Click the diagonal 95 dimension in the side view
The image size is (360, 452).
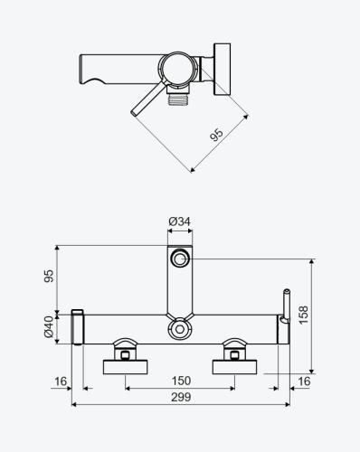pyautogui.click(x=215, y=136)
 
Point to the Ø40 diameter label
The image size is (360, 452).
pyautogui.click(x=51, y=327)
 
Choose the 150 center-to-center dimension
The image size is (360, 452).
pyautogui.click(x=180, y=381)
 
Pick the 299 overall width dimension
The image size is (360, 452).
pyautogui.click(x=180, y=398)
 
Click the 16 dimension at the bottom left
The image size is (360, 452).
pyautogui.click(x=60, y=381)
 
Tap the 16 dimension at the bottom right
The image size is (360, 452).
pyautogui.click(x=303, y=381)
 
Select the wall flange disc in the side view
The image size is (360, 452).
pyautogui.click(x=222, y=65)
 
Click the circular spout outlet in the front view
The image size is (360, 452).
pyautogui.click(x=181, y=259)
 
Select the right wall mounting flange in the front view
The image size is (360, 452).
pyautogui.click(x=236, y=365)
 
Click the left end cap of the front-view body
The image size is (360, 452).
pyautogui.click(x=78, y=326)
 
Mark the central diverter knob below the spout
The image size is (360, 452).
pyautogui.click(x=181, y=329)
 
